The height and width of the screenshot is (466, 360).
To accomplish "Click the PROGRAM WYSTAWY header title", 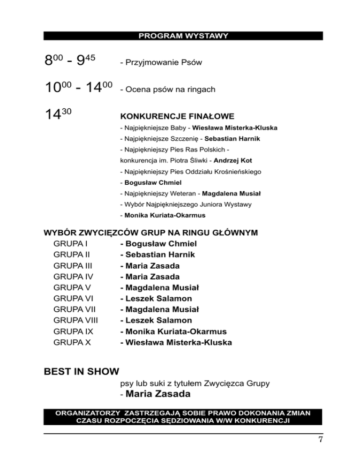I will point(183,36).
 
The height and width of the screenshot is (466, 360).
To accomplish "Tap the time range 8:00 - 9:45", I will point(70,60).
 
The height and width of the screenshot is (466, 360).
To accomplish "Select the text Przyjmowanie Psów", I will point(161,62).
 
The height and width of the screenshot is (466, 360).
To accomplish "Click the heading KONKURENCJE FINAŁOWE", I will point(177,116).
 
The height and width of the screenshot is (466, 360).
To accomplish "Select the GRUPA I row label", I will point(71,244).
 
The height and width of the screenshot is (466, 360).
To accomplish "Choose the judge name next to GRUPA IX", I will point(173,331).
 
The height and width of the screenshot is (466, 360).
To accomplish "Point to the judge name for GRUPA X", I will point(176,343).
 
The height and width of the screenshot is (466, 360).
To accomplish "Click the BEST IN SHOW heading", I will point(82,372).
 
